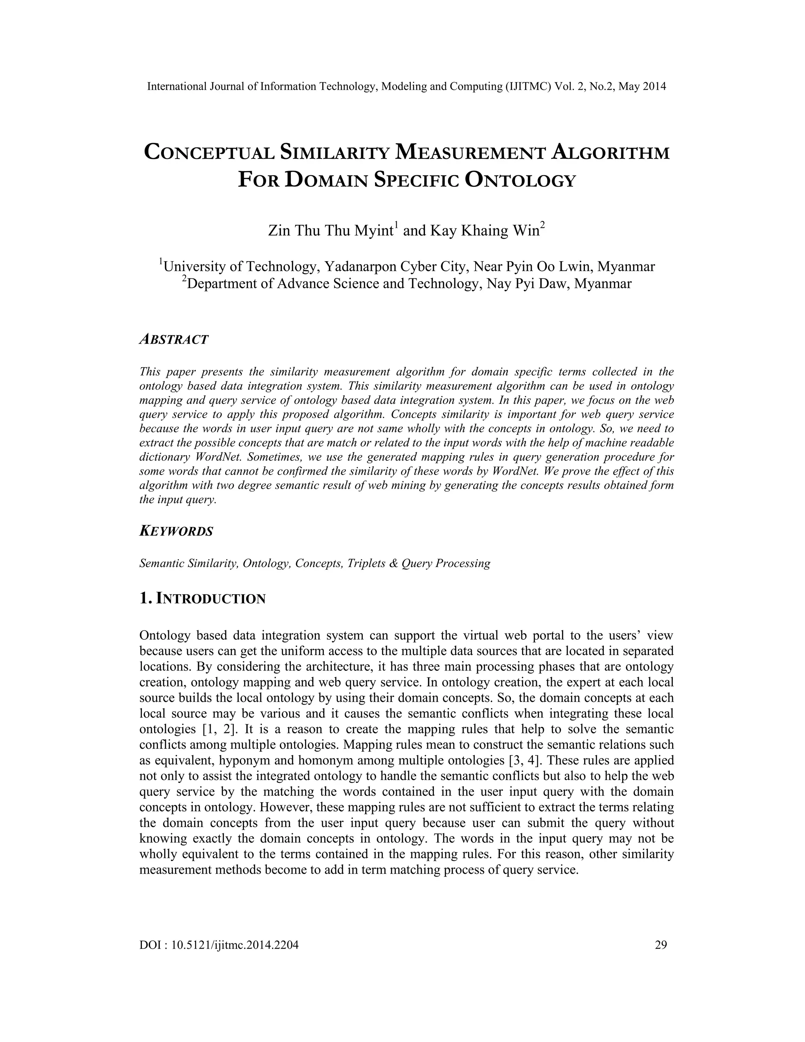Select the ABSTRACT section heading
(x=174, y=340)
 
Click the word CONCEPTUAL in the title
(x=208, y=153)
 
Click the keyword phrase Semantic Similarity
(x=188, y=563)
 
